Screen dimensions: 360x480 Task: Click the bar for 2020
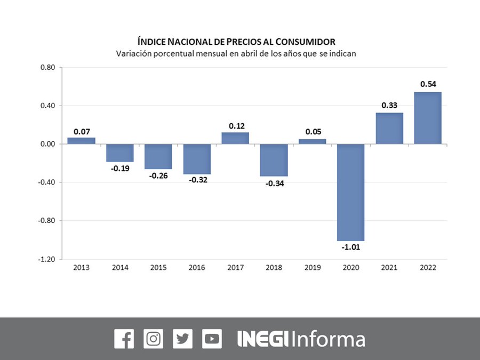(x=351, y=192)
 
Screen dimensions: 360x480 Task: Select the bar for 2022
(x=428, y=118)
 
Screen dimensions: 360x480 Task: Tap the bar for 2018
(x=274, y=160)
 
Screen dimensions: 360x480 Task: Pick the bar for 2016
(x=197, y=159)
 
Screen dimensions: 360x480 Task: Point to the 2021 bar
(x=389, y=128)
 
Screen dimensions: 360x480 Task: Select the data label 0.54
(x=428, y=84)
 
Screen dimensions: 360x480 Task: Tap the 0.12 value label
(x=235, y=125)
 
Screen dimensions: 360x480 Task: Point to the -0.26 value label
(x=158, y=175)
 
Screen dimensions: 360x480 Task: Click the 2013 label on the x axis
(x=81, y=268)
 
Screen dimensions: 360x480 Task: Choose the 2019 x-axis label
(x=312, y=268)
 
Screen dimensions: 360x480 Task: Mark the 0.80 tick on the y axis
(x=48, y=68)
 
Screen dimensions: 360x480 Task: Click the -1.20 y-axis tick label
(x=47, y=259)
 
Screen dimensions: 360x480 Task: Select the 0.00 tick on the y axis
(x=48, y=144)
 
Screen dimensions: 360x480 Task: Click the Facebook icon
(x=124, y=339)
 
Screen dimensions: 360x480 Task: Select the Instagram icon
(x=154, y=339)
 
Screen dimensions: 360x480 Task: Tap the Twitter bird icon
(x=183, y=339)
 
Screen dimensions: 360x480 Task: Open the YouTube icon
(x=212, y=339)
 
